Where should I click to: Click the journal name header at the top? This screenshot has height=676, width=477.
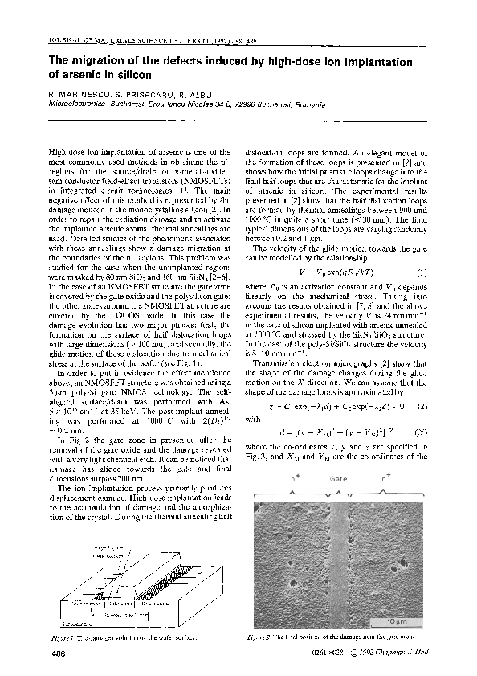(x=120, y=39)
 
